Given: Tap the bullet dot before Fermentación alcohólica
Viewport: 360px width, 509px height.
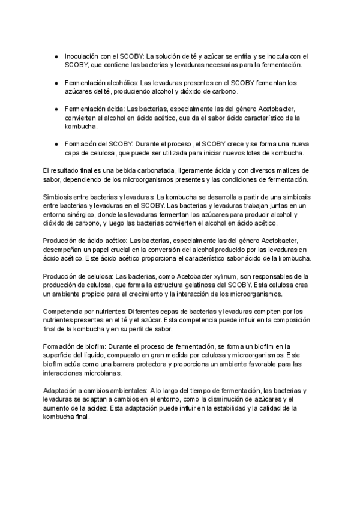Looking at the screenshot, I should [56, 82].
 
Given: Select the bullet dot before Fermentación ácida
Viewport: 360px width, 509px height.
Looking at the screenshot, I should [56, 109].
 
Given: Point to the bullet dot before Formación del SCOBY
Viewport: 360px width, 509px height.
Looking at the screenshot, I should [56, 145].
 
